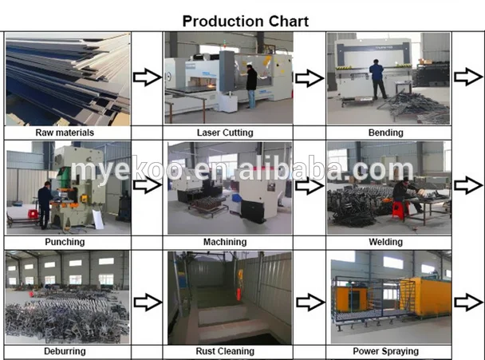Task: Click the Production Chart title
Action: pyautogui.click(x=245, y=22)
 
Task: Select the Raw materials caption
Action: pyautogui.click(x=65, y=133)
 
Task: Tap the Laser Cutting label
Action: pyautogui.click(x=225, y=133)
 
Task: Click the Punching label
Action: pyautogui.click(x=65, y=241)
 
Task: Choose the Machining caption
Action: pyautogui.click(x=225, y=242)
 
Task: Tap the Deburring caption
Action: pyautogui.click(x=65, y=350)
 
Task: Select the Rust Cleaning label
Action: pyautogui.click(x=225, y=350)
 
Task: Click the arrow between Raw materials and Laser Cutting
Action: pyautogui.click(x=146, y=77)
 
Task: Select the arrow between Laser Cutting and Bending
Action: pyautogui.click(x=309, y=77)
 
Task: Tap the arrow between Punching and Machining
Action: pyautogui.click(x=146, y=186)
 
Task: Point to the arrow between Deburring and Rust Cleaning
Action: pyautogui.click(x=146, y=302)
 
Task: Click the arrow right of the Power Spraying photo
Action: pyautogui.click(x=467, y=302)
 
